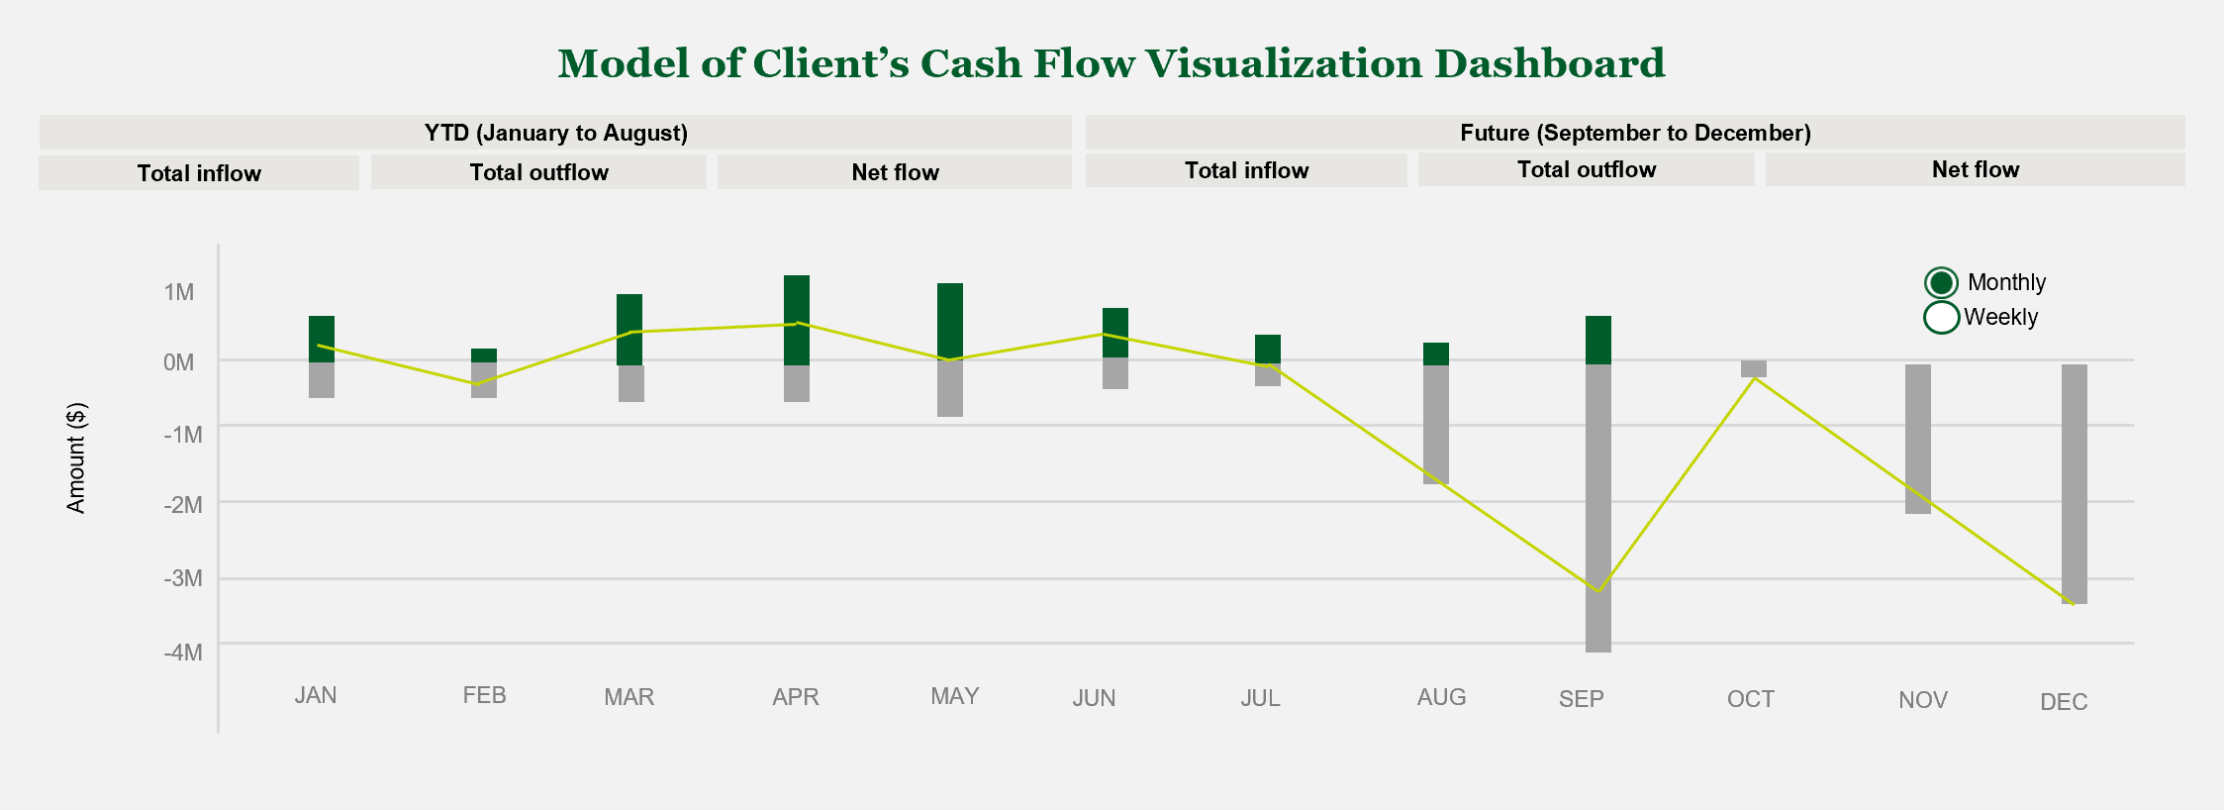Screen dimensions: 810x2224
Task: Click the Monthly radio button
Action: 1941,283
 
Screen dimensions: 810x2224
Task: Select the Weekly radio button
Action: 1941,317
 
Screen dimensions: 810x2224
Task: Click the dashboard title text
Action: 1111,63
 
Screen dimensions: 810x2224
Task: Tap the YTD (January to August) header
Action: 555,133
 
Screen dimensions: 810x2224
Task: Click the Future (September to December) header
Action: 1635,133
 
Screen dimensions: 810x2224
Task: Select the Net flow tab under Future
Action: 1975,169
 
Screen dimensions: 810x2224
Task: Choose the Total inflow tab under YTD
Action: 199,173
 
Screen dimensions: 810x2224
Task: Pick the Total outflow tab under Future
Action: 1586,169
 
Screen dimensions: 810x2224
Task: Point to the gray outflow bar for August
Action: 1436,424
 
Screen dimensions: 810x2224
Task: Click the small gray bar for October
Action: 1754,368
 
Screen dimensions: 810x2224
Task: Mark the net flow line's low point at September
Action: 1598,591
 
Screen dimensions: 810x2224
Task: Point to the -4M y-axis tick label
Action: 183,653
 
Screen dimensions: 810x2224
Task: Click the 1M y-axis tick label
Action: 179,292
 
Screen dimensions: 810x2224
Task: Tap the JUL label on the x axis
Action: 1260,698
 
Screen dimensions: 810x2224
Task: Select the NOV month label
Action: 1922,700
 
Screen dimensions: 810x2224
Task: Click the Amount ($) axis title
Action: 76,457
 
